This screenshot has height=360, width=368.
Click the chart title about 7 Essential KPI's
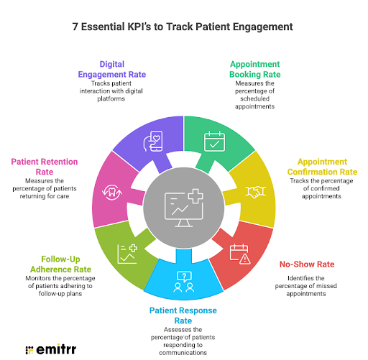click(183, 27)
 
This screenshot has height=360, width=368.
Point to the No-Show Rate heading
click(303, 264)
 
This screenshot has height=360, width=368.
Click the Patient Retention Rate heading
click(44, 167)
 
